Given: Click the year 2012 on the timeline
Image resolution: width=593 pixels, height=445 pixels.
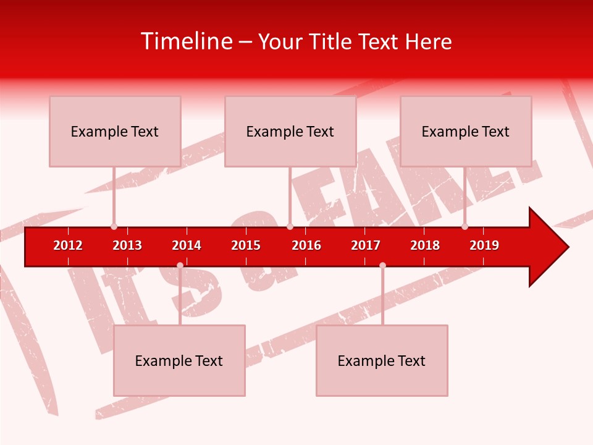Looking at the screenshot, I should tap(68, 245).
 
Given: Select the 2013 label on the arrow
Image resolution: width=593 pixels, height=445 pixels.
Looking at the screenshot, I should tap(127, 245).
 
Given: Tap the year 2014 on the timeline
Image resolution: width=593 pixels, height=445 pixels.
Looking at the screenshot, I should tap(187, 245).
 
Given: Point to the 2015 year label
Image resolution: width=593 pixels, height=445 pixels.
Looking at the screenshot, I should tap(246, 245).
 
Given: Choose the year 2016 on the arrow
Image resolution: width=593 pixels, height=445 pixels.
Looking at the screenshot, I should tap(306, 245).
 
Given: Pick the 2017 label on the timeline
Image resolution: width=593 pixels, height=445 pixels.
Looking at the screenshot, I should tap(366, 245).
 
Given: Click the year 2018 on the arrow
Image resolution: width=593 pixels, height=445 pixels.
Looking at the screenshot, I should tap(425, 245).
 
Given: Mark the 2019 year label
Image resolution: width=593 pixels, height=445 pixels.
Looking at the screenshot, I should tap(484, 245).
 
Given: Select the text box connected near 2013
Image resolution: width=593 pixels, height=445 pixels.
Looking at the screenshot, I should tap(115, 131).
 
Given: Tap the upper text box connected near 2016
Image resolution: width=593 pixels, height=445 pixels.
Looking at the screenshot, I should tap(290, 131).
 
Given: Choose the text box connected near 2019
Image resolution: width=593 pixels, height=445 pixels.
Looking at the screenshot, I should tap(466, 131).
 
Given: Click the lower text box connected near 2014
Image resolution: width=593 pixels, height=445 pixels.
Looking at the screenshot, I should tap(179, 360).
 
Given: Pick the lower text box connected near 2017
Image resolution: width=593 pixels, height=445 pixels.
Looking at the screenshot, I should tap(382, 360).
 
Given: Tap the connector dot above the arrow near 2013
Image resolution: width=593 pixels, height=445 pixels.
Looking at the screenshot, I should tap(114, 227).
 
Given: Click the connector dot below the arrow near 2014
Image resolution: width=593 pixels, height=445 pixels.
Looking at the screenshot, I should tap(180, 265).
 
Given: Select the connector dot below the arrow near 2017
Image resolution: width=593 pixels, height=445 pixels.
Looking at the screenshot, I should tap(382, 265).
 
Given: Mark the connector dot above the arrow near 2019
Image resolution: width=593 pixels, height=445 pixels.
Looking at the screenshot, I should tap(465, 227).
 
